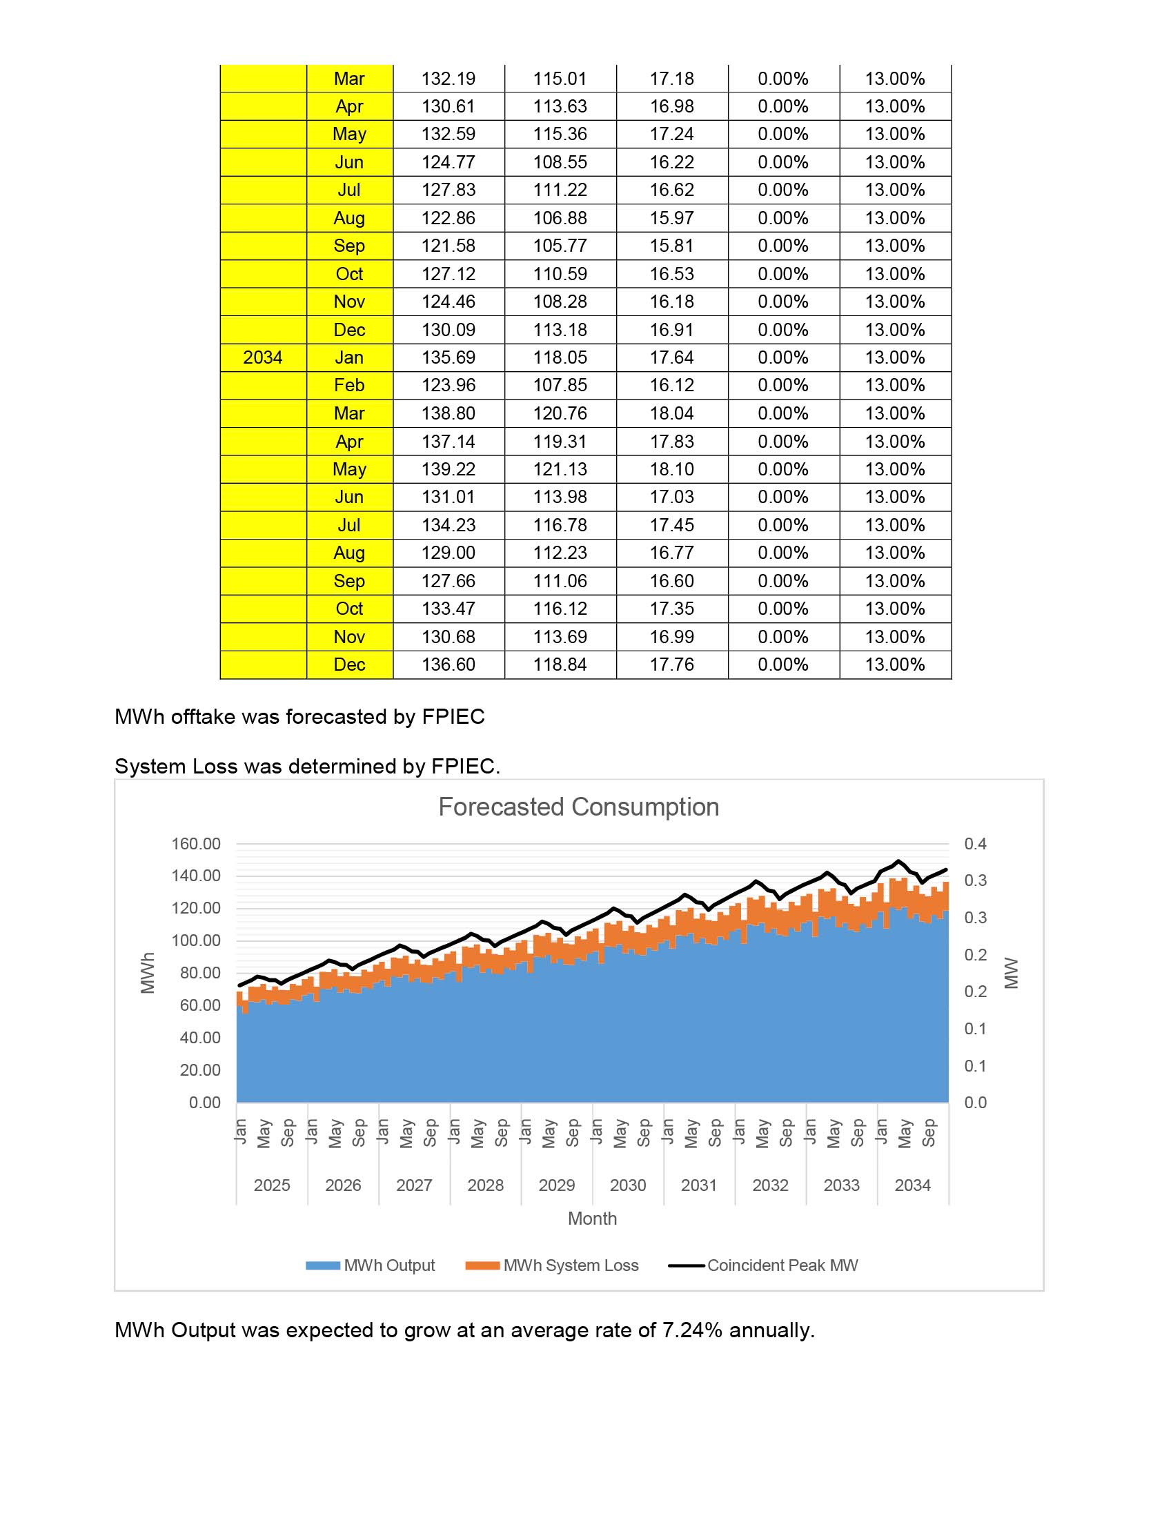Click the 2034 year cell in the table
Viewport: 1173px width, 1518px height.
pyautogui.click(x=263, y=358)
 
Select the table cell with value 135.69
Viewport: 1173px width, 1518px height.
pyautogui.click(x=448, y=358)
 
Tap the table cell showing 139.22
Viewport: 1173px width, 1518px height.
pyautogui.click(x=448, y=469)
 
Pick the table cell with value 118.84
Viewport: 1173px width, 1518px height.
pyautogui.click(x=560, y=664)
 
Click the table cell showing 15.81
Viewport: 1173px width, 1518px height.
pyautogui.click(x=671, y=246)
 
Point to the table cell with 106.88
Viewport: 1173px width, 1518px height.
pyautogui.click(x=560, y=218)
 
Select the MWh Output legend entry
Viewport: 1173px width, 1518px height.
pyautogui.click(x=389, y=1265)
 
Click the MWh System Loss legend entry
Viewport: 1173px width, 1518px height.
pyautogui.click(x=570, y=1265)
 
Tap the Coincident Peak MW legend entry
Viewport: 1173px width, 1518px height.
pyautogui.click(x=782, y=1265)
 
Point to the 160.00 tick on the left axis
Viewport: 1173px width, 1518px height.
pyautogui.click(x=196, y=844)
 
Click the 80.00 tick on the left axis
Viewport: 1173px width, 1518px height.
pyautogui.click(x=200, y=973)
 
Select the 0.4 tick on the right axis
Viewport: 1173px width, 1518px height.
pyautogui.click(x=975, y=844)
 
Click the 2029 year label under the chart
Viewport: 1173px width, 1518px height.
pyautogui.click(x=557, y=1185)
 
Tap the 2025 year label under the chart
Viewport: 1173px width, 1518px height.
pyautogui.click(x=272, y=1185)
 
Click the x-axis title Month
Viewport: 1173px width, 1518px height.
pyautogui.click(x=592, y=1219)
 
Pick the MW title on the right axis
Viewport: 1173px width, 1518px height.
pyautogui.click(x=1011, y=972)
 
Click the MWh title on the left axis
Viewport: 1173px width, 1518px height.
pyautogui.click(x=148, y=972)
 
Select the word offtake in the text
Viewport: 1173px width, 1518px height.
pyautogui.click(x=203, y=717)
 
